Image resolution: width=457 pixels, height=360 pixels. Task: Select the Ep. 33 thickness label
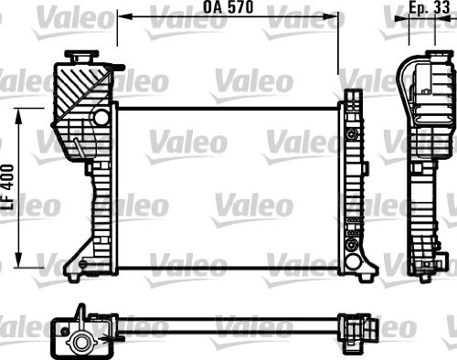point(426,8)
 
